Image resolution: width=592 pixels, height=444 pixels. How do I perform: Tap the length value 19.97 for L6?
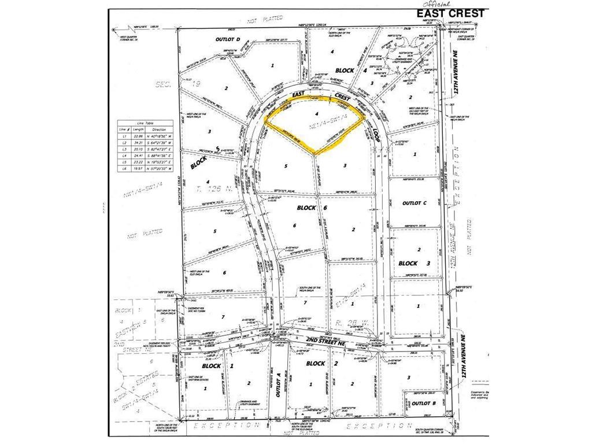click(x=138, y=169)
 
